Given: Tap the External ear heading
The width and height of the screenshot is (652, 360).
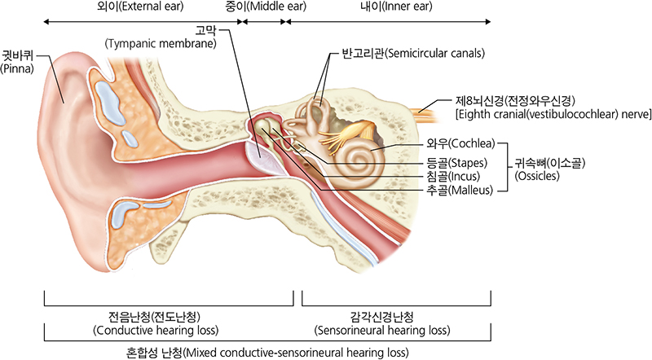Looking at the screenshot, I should pyautogui.click(x=140, y=9).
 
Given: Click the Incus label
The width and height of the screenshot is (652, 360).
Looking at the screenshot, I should pyautogui.click(x=449, y=175).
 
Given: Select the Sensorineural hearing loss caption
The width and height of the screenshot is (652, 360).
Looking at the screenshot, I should pyautogui.click(x=382, y=324).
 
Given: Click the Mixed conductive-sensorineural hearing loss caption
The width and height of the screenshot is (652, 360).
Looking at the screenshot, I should pyautogui.click(x=267, y=352).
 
